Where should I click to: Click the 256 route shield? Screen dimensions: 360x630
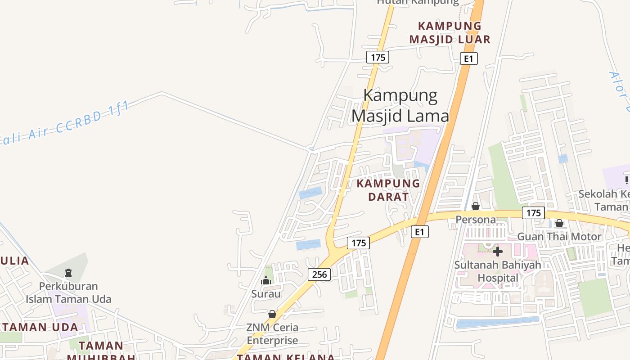(x=319, y=274)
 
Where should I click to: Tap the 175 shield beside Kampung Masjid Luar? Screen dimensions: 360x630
(x=378, y=57)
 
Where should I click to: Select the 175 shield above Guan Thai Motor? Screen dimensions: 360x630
(x=533, y=213)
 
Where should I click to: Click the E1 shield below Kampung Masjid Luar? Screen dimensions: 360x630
(x=468, y=58)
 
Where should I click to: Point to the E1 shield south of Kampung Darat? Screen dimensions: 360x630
(x=419, y=232)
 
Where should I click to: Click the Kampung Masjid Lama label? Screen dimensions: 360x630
(x=400, y=106)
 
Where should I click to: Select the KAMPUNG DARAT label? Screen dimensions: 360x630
(x=388, y=190)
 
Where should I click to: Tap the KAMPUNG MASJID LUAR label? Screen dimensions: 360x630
(x=450, y=32)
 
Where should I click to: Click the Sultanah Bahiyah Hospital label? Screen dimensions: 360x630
(x=498, y=271)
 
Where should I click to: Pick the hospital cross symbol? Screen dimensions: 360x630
(x=498, y=251)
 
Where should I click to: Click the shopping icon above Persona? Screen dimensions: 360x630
(x=476, y=206)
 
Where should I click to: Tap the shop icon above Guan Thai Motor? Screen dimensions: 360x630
(x=559, y=223)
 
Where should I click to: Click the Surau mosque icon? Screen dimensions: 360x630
(x=266, y=280)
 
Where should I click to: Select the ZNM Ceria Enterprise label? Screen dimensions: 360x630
(x=272, y=333)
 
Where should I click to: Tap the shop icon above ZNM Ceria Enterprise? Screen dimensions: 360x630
(x=272, y=314)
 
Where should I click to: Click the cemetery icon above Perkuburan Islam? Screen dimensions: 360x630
(x=68, y=272)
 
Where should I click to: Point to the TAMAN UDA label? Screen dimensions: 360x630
(x=40, y=327)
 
